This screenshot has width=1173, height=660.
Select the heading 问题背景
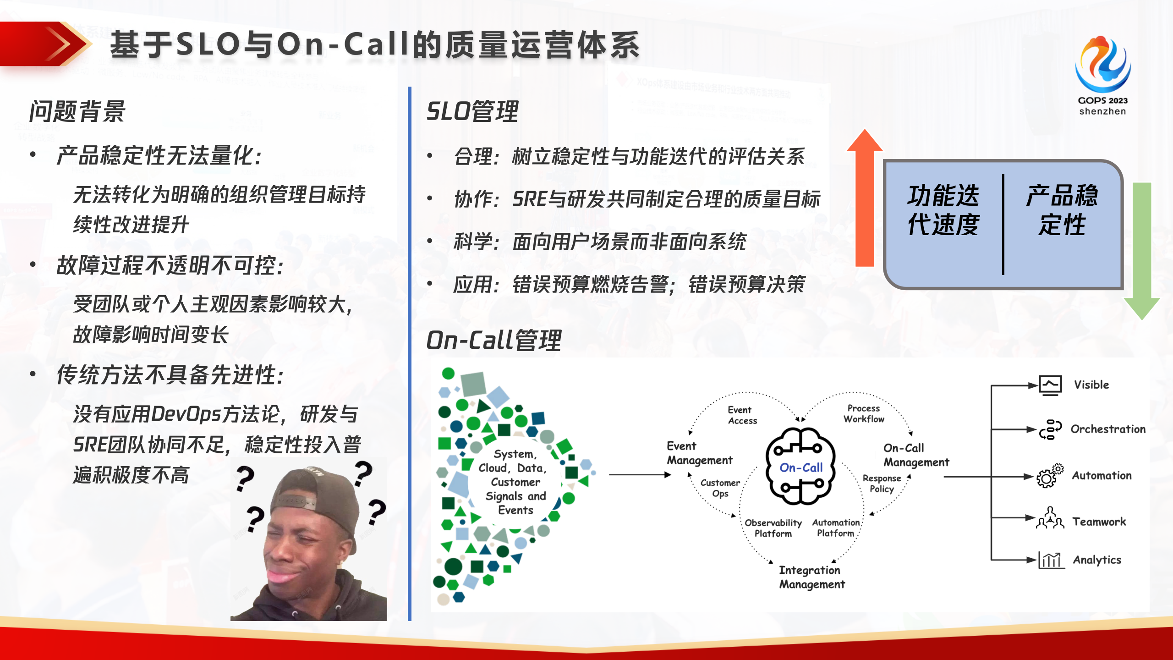(77, 111)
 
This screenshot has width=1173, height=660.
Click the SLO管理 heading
(472, 111)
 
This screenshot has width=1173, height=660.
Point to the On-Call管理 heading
(493, 341)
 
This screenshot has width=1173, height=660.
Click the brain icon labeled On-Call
(800, 467)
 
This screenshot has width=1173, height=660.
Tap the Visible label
(1091, 385)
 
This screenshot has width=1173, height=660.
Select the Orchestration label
(1107, 429)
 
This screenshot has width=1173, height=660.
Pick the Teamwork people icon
(1050, 518)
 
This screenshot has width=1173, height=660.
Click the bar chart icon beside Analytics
(1051, 560)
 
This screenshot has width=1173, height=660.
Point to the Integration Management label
(811, 577)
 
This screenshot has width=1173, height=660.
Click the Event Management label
(699, 453)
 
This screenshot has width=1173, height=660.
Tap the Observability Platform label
(773, 528)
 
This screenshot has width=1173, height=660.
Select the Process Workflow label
(864, 413)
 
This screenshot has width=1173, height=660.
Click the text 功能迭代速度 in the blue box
(943, 210)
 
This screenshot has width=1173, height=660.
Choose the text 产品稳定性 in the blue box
(1062, 210)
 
